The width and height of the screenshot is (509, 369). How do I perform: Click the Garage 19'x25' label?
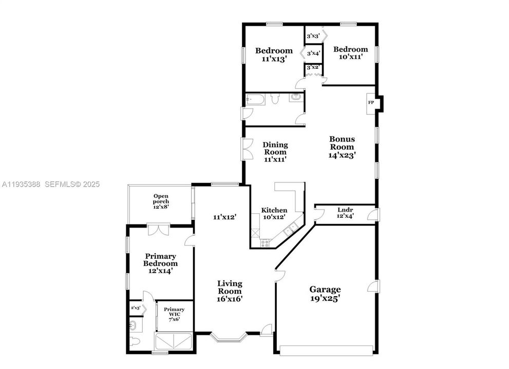(325, 293)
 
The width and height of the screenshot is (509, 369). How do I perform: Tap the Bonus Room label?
(342, 147)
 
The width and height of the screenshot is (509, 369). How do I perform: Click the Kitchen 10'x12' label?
(274, 214)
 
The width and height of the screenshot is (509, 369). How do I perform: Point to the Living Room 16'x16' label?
(230, 291)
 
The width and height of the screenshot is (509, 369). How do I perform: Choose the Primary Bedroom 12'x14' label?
(160, 263)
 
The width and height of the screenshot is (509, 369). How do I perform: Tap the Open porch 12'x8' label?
(161, 201)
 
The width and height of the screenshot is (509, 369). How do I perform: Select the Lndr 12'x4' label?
(345, 212)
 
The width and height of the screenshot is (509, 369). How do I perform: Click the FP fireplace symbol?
(370, 102)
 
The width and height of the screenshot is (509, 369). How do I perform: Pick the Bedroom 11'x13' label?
(274, 54)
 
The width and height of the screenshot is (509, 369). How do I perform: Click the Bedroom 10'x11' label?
(351, 53)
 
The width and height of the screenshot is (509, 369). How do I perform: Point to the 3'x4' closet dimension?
(313, 53)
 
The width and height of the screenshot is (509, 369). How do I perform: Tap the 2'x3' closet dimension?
(136, 308)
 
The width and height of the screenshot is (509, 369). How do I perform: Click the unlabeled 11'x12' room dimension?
(224, 217)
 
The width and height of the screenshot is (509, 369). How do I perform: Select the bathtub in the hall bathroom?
(255, 99)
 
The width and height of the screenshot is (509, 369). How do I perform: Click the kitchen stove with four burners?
(265, 244)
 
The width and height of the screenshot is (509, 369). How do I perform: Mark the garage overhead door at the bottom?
(327, 350)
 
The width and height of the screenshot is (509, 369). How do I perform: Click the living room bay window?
(229, 337)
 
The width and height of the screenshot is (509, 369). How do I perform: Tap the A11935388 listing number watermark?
(22, 184)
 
